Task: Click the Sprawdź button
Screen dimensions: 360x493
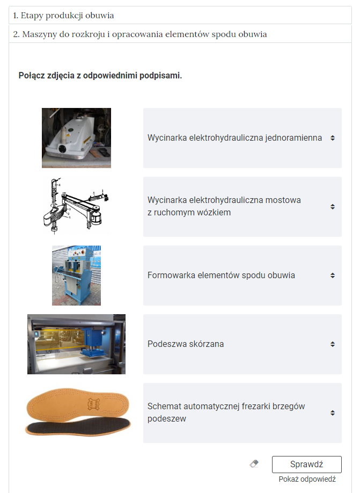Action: coord(306,464)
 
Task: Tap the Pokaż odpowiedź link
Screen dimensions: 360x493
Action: coord(307,479)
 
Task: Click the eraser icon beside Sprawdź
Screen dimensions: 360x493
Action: coord(254,463)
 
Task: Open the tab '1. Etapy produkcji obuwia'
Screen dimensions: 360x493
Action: coord(63,16)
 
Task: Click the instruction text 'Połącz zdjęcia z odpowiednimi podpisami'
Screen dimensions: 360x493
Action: coord(100,76)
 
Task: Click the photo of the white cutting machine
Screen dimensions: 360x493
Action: coord(76,137)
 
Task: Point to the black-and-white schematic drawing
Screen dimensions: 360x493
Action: coord(76,206)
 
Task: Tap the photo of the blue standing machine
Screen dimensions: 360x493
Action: coord(76,275)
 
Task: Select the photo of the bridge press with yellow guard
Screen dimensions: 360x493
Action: coord(76,344)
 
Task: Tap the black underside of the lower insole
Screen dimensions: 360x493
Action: coord(77,426)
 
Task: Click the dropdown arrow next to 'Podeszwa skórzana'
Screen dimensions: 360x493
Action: coord(333,344)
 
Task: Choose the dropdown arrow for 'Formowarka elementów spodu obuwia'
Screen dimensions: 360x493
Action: coord(333,275)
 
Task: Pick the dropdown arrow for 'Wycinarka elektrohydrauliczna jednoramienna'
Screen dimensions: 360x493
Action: coord(333,138)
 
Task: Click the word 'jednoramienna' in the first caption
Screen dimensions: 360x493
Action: coord(293,137)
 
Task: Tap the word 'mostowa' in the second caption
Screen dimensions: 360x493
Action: coord(283,200)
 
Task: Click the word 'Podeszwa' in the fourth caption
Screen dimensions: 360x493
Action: coord(166,344)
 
